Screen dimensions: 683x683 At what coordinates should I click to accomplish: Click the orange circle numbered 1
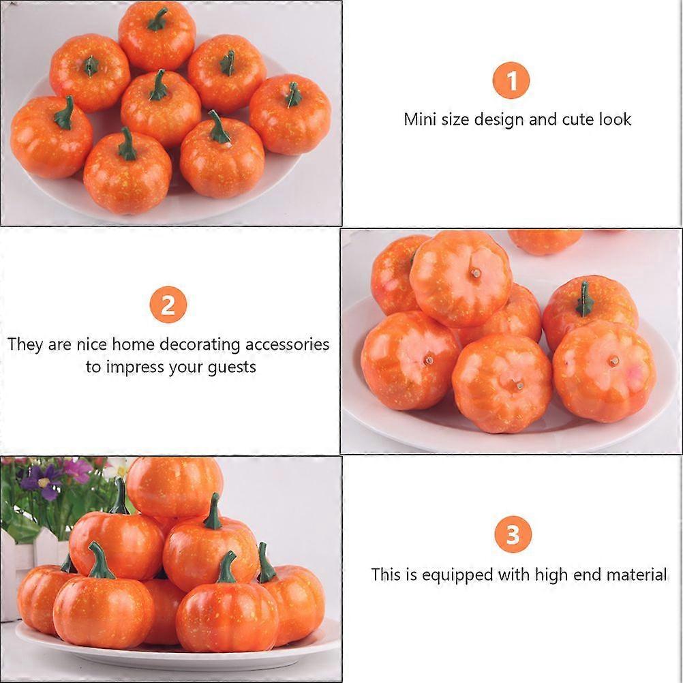coord(511,81)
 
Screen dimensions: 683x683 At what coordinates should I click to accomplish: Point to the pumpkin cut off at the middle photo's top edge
coord(545,240)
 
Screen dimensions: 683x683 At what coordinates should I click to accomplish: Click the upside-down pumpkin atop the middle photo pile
coord(461,278)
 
